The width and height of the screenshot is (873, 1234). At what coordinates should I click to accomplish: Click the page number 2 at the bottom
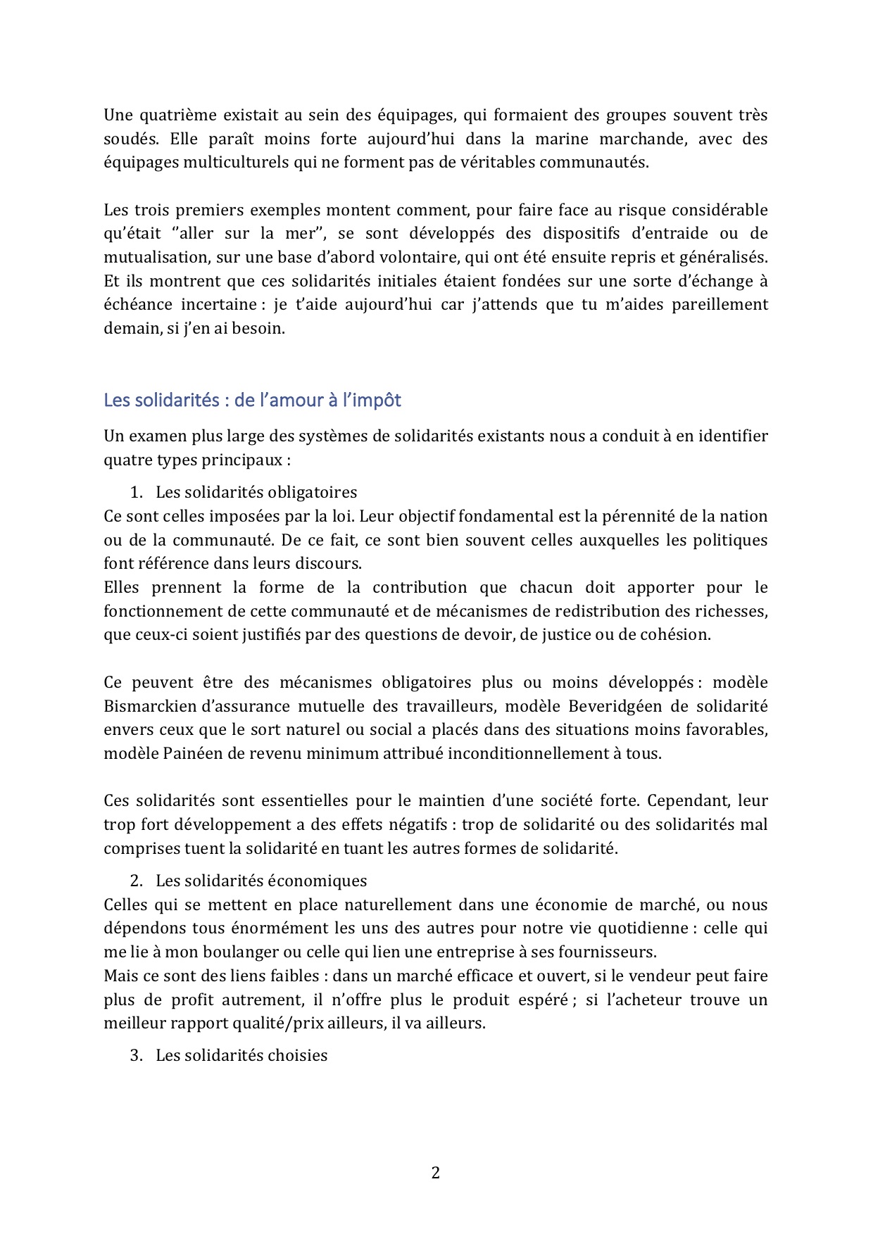(x=435, y=1173)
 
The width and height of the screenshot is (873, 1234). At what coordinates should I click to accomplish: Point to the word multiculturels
(x=237, y=162)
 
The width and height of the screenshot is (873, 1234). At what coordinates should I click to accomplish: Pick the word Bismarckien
(x=147, y=706)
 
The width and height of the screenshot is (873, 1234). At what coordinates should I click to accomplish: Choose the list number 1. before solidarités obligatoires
(x=137, y=492)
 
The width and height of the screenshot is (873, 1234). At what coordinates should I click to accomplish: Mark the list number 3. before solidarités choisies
(x=137, y=1055)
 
